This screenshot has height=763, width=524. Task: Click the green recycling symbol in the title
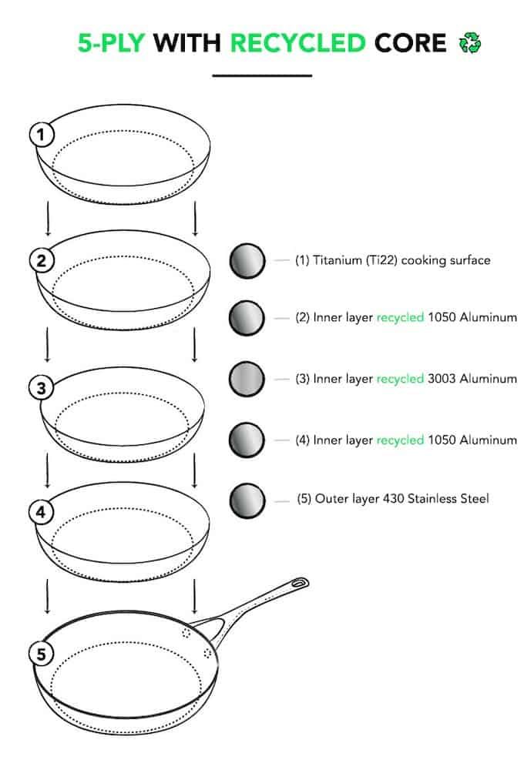click(x=469, y=43)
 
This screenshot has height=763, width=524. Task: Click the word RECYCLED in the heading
click(x=297, y=43)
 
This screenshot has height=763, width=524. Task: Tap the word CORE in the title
click(x=410, y=43)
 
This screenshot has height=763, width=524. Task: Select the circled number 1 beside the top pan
click(x=42, y=135)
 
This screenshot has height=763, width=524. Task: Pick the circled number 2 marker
click(x=42, y=261)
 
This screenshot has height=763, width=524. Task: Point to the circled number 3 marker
click(x=42, y=388)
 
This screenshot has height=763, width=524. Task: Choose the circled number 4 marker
click(x=42, y=513)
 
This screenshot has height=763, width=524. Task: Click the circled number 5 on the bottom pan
click(x=42, y=654)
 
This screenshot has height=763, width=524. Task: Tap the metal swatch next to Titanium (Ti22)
click(x=247, y=261)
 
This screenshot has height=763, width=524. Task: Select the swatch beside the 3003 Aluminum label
click(x=247, y=379)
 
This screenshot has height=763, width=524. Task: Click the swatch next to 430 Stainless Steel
click(x=247, y=500)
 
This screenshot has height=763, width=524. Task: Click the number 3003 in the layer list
click(x=442, y=379)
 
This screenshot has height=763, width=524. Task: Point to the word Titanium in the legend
click(x=338, y=260)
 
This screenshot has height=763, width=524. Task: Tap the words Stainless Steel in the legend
click(x=448, y=499)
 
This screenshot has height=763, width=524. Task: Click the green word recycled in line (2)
click(x=400, y=318)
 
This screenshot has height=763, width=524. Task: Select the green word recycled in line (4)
click(x=400, y=440)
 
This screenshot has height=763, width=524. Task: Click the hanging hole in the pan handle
click(x=298, y=583)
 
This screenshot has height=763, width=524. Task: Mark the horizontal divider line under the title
click(x=262, y=75)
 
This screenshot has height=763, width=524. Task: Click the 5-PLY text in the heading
click(x=111, y=43)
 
